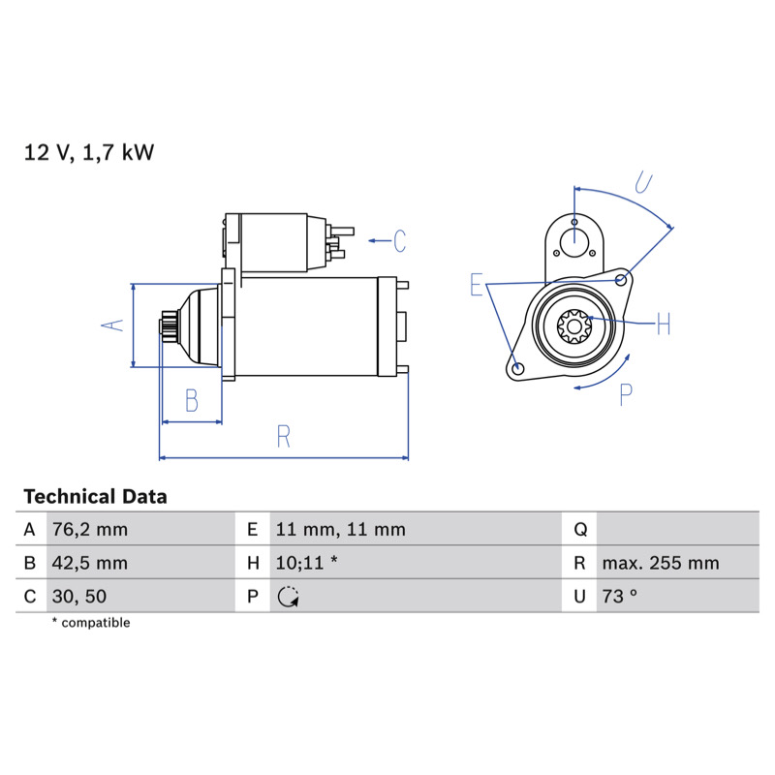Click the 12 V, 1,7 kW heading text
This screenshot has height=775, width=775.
click(89, 152)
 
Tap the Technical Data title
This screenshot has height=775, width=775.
click(95, 496)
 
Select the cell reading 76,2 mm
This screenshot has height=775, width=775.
click(90, 529)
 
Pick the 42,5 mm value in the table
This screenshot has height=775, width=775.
click(90, 563)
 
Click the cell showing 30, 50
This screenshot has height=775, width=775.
click(79, 596)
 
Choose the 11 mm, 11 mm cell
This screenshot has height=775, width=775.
click(341, 529)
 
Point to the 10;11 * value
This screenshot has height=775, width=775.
click(306, 563)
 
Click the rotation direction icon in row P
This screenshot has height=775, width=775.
click(288, 597)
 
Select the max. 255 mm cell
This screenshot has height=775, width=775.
click(661, 563)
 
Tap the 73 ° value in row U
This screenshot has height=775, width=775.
click(619, 596)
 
